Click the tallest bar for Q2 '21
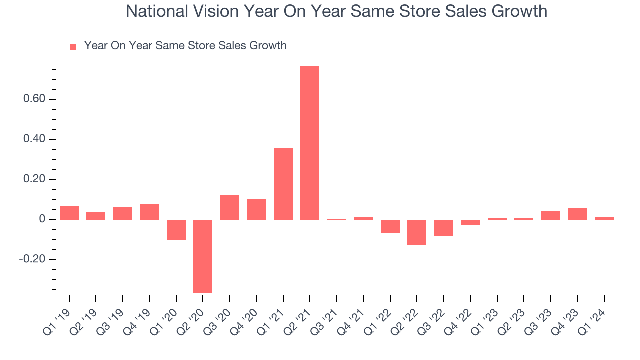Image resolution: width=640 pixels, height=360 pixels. [x=310, y=143]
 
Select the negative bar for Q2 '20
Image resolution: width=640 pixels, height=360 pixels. [x=203, y=256]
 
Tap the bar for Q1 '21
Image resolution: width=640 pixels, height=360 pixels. [x=283, y=184]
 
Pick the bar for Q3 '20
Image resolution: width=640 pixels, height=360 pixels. [x=230, y=207]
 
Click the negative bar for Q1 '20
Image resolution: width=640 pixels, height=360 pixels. [x=176, y=230]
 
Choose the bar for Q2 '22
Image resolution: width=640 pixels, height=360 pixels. [x=417, y=232]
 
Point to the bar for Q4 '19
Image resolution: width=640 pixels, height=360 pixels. [x=149, y=212]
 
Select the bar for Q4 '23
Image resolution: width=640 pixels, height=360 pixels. [x=577, y=214]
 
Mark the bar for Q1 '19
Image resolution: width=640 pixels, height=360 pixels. [x=69, y=213]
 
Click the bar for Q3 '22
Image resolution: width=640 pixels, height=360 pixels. [x=444, y=228]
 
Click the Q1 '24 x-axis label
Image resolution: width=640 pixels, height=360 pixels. [x=596, y=317]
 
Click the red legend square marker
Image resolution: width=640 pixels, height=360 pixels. [x=73, y=47]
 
